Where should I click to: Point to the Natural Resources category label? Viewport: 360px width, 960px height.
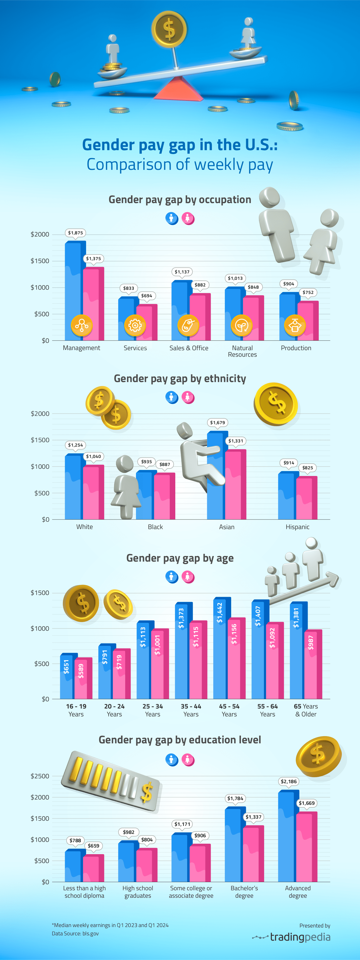click(242, 351)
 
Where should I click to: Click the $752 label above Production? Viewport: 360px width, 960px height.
click(308, 293)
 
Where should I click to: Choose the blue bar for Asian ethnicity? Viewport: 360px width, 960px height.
click(215, 477)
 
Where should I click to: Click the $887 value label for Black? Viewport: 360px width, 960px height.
click(164, 464)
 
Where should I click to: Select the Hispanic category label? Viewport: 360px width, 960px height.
click(297, 527)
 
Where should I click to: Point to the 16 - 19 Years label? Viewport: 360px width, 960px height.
click(76, 710)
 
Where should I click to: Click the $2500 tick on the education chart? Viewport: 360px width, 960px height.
click(40, 776)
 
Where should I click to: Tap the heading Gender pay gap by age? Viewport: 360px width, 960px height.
click(180, 558)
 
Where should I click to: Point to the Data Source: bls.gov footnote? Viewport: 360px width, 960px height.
click(75, 933)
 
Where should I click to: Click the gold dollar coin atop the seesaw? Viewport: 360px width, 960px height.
click(169, 29)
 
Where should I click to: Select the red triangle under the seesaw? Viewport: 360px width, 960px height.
click(178, 89)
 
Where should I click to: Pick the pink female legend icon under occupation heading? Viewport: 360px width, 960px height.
click(188, 218)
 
